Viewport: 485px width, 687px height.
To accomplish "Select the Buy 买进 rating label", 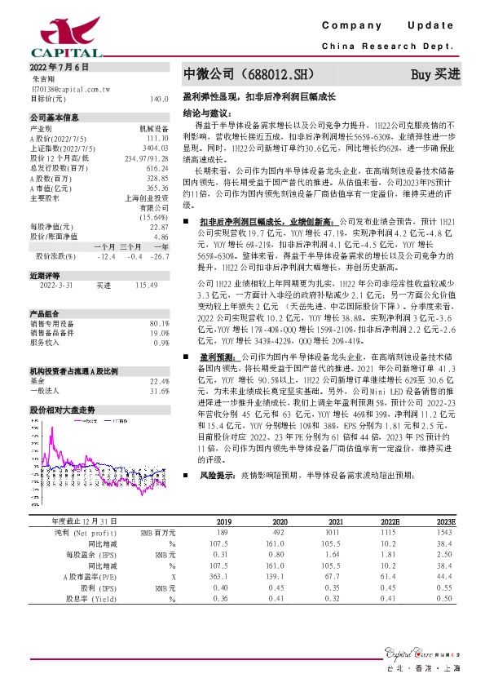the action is [435, 74].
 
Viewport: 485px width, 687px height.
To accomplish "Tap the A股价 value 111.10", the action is [158, 138].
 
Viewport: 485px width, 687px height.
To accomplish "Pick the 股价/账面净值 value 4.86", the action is [161, 237].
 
